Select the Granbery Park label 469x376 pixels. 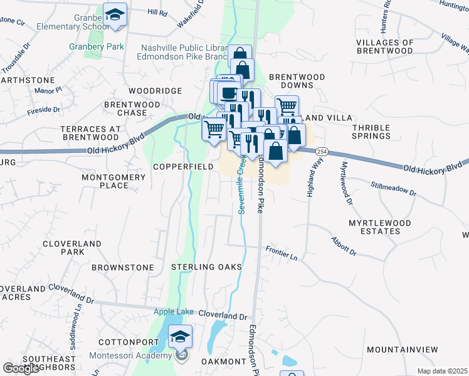click(96, 46)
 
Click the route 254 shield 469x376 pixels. click(322, 152)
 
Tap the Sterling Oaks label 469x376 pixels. click(206, 267)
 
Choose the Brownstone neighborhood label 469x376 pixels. click(122, 268)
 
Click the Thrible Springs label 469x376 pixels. click(371, 132)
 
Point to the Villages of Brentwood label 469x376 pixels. click(384, 46)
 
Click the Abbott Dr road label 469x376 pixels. click(343, 248)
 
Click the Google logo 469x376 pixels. click(21, 368)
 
